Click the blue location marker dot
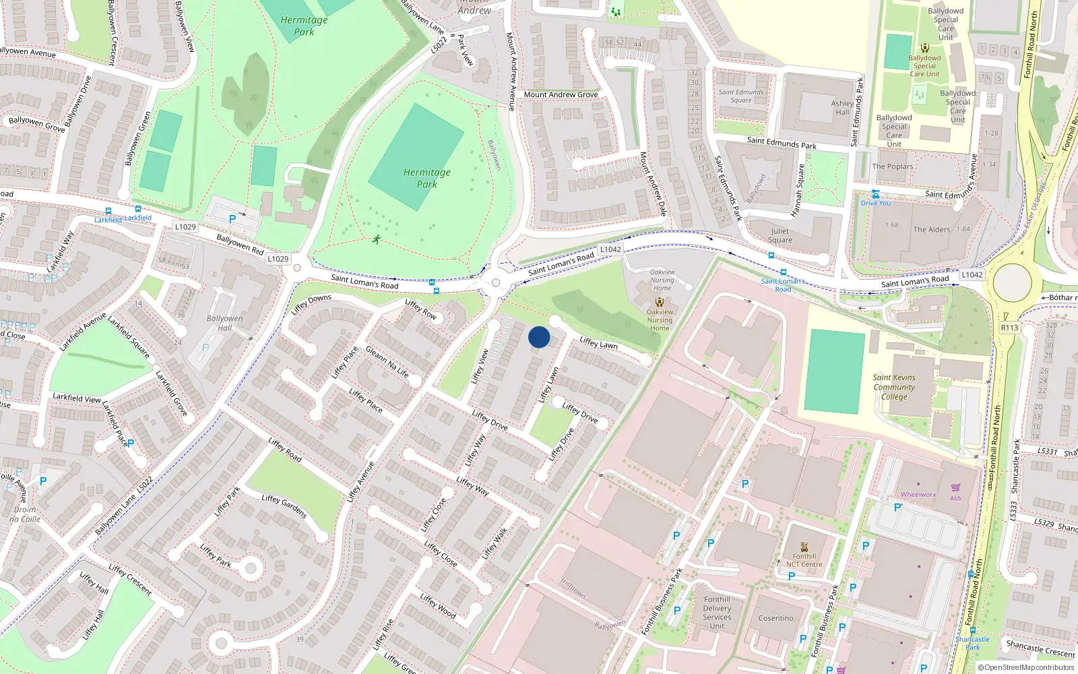pyautogui.click(x=539, y=337)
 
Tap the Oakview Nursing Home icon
pyautogui.click(x=660, y=303)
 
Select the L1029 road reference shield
pyautogui.click(x=185, y=226)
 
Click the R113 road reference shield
pyautogui.click(x=1009, y=328)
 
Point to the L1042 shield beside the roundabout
pyautogui.click(x=972, y=274)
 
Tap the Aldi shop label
pyautogui.click(x=955, y=498)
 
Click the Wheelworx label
pyautogui.click(x=918, y=494)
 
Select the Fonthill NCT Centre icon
pyautogui.click(x=804, y=547)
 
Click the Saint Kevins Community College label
pyautogui.click(x=894, y=387)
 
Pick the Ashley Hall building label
pyautogui.click(x=842, y=108)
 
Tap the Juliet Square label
pyautogui.click(x=780, y=235)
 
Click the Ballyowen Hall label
pyautogui.click(x=224, y=323)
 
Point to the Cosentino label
pyautogui.click(x=775, y=618)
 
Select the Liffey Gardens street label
pyautogui.click(x=284, y=506)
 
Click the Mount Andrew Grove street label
pyautogui.click(x=561, y=94)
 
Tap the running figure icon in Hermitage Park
pyautogui.click(x=376, y=239)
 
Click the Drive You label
pyautogui.click(x=875, y=203)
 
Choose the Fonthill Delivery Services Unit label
pyautogui.click(x=717, y=612)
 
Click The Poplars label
pyautogui.click(x=893, y=166)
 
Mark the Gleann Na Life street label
pyautogui.click(x=387, y=361)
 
